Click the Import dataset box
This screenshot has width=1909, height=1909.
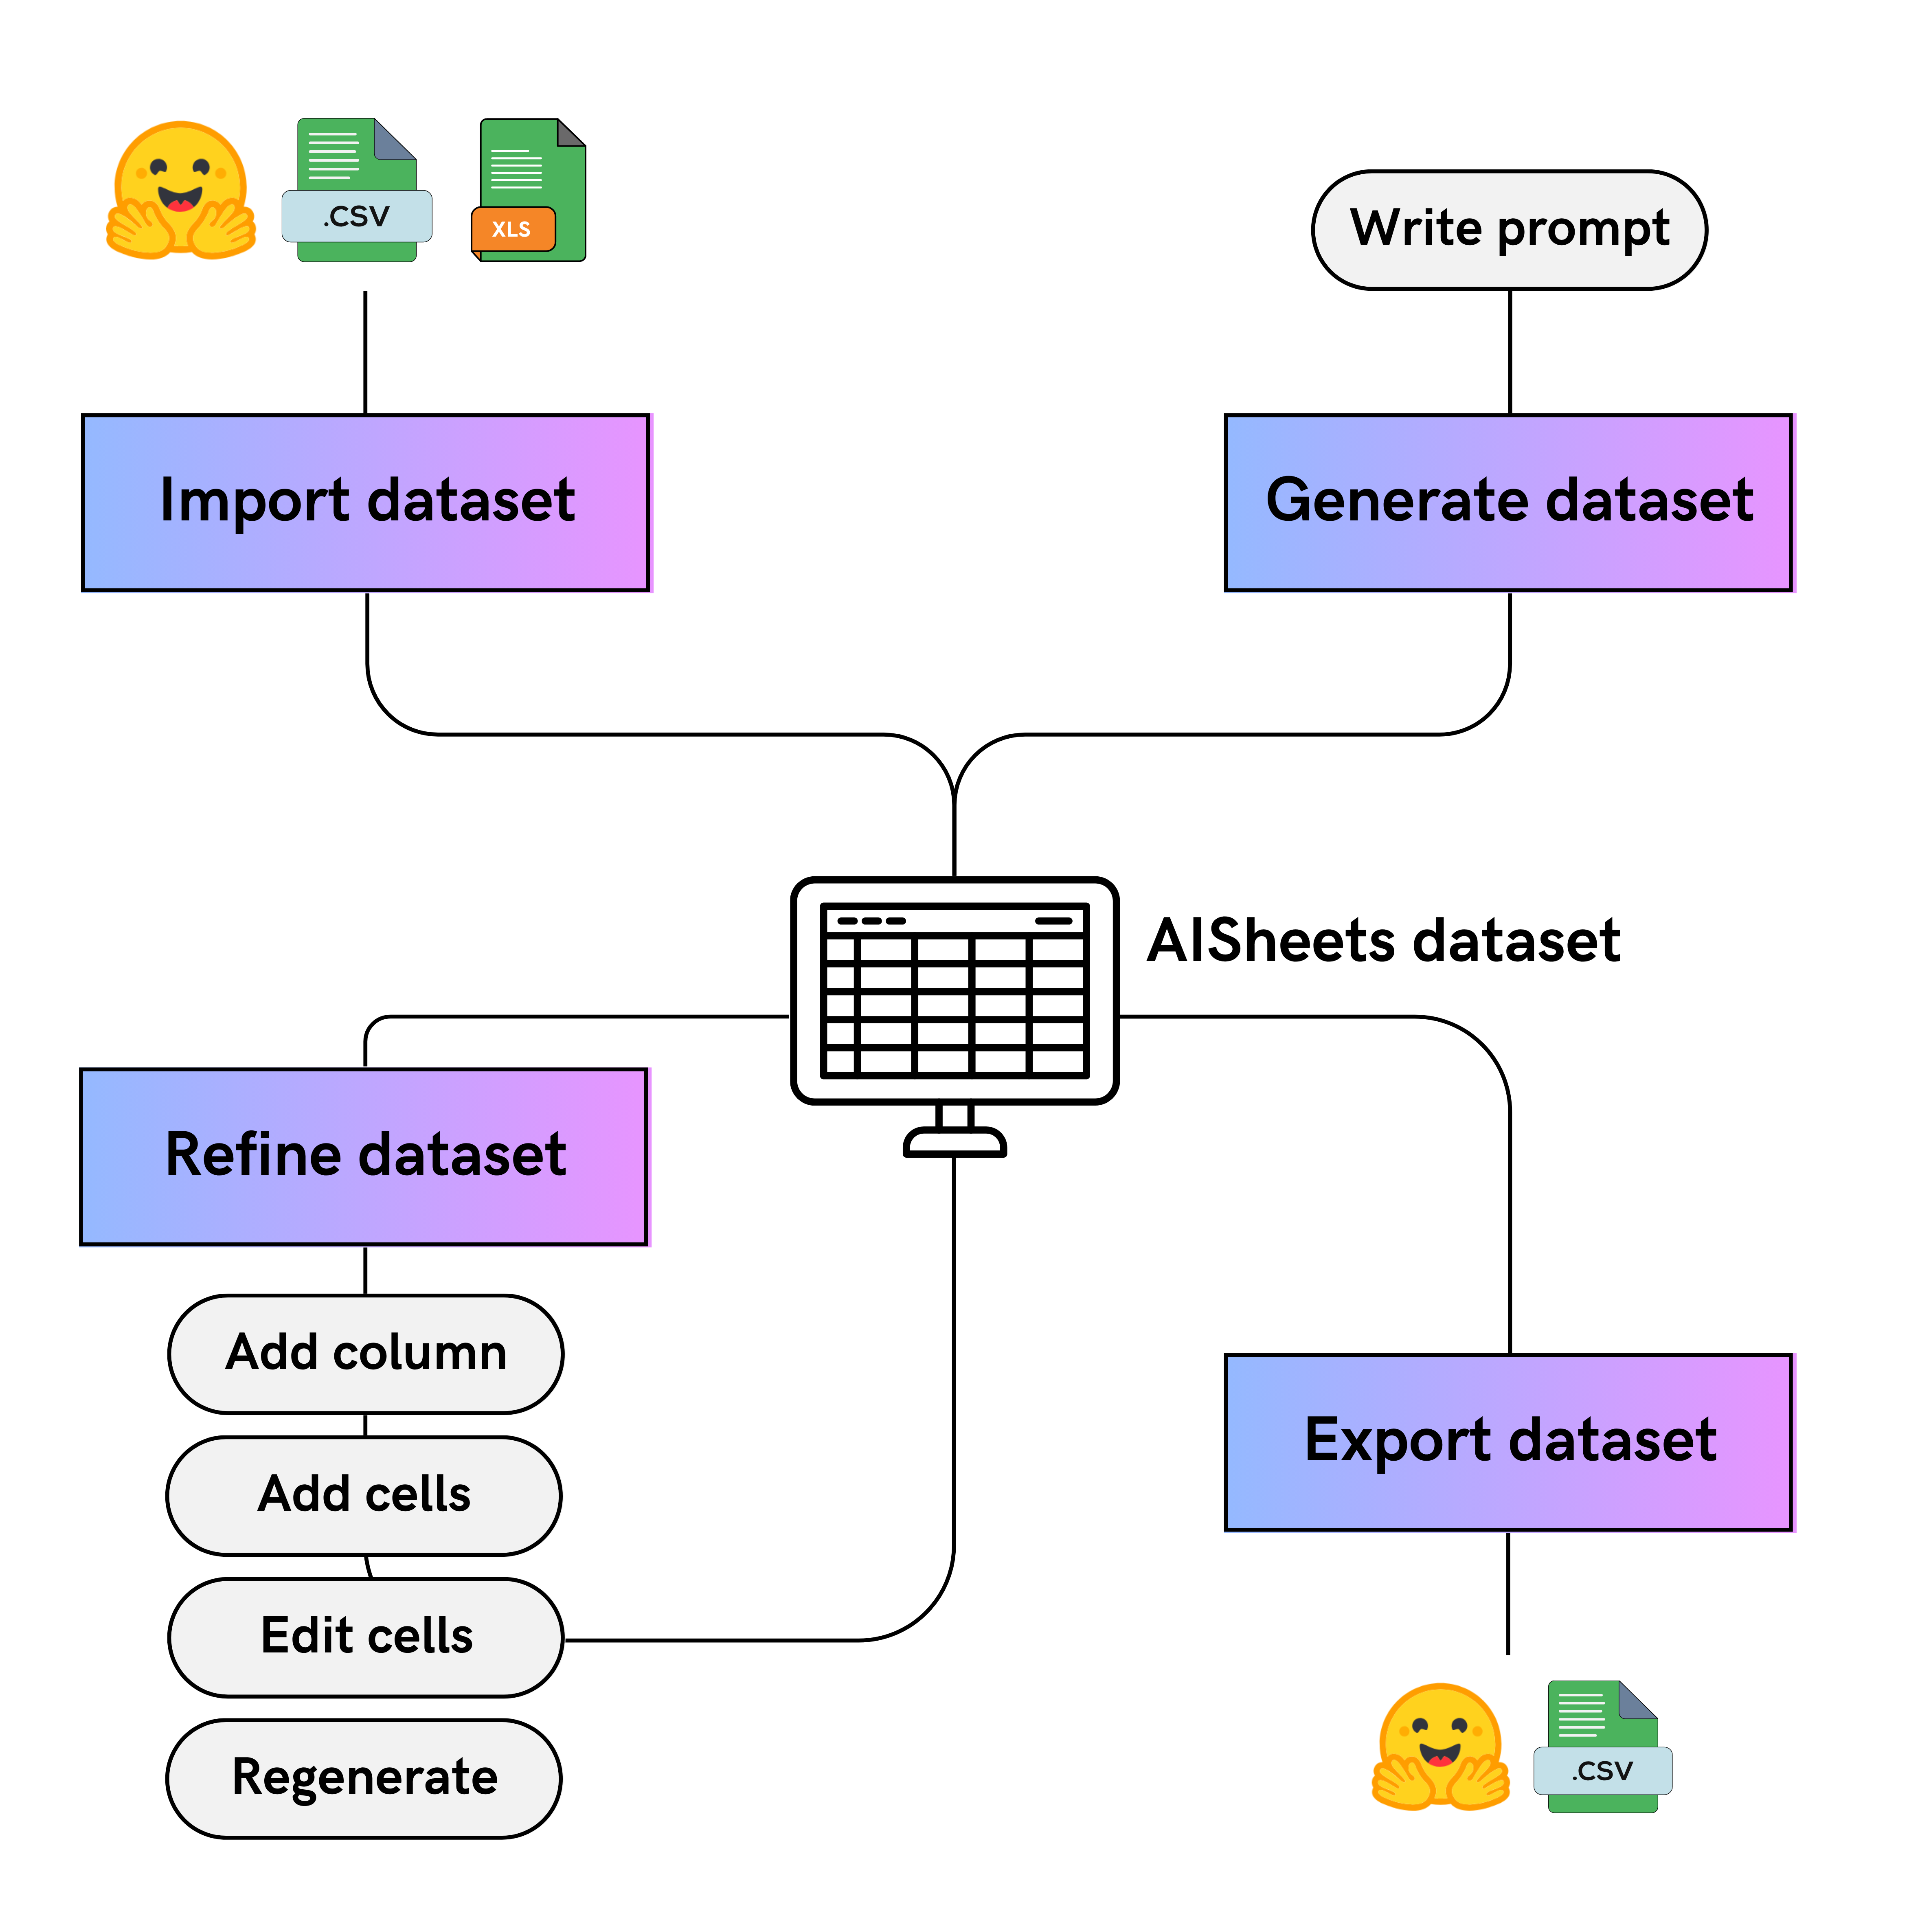click(366, 502)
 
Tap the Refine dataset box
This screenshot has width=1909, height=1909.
click(364, 1156)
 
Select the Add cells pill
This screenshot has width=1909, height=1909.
click(364, 1495)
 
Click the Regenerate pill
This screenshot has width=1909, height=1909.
click(364, 1779)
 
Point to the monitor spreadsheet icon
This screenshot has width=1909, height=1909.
click(954, 991)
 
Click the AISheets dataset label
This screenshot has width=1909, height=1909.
click(1383, 941)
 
